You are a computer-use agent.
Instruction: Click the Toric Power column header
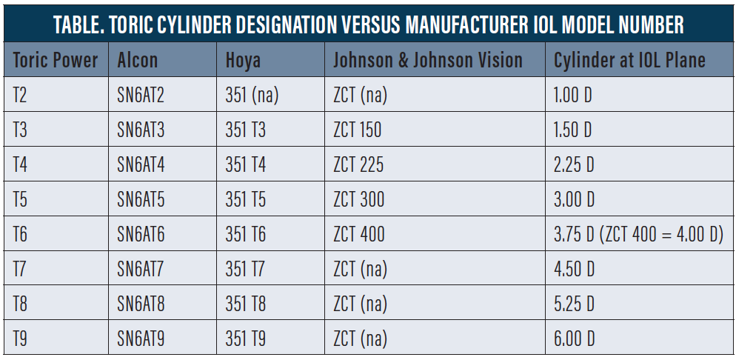point(56,60)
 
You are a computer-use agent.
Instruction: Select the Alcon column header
point(138,60)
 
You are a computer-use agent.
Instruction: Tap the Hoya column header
point(243,61)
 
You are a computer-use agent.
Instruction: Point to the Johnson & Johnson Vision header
point(428,60)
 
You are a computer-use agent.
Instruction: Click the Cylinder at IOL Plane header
point(629,60)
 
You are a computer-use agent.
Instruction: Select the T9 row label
point(20,339)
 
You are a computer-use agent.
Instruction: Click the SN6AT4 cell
point(141,164)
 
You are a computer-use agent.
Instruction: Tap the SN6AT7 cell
point(141,269)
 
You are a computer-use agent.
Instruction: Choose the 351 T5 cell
point(246,199)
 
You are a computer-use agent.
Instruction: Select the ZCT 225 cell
point(358,164)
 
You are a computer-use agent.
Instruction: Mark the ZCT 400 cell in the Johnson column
point(359,234)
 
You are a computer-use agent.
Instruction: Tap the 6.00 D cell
point(575,339)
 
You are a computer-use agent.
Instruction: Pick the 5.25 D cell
point(575,304)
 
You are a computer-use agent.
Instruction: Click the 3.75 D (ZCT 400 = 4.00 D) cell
point(639,235)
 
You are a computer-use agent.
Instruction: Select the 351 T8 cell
point(246,304)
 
